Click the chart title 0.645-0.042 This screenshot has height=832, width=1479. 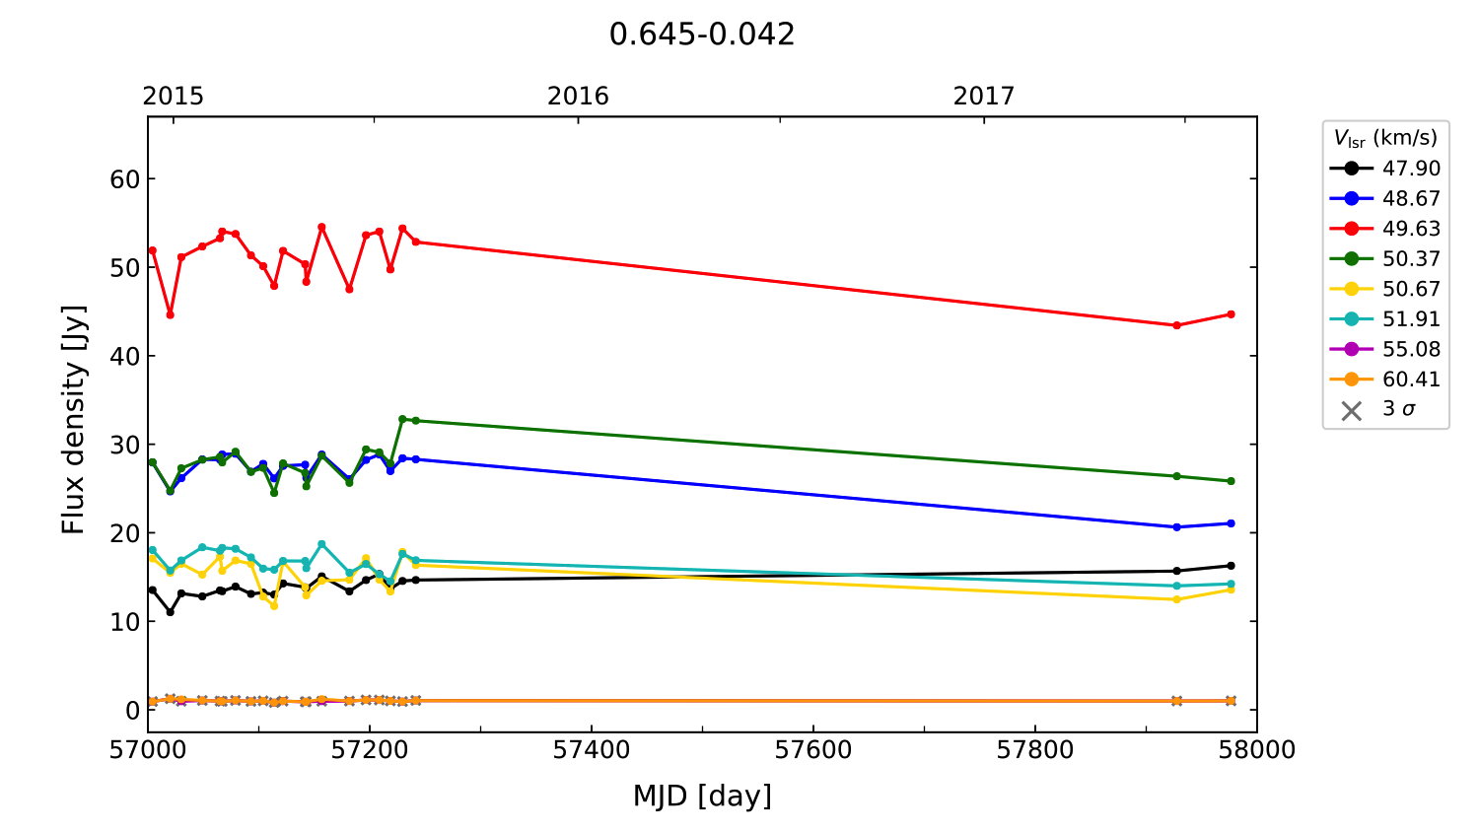701,35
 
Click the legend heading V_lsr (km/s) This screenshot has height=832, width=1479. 1385,138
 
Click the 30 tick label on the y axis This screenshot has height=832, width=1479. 125,445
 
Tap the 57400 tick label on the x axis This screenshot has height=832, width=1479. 591,750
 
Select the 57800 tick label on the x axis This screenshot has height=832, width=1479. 1034,750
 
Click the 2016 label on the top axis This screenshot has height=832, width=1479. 578,96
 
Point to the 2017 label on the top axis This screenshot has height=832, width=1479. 983,96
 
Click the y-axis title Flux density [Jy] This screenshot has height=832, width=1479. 74,420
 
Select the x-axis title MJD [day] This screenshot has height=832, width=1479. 702,796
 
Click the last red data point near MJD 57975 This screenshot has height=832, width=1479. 1231,314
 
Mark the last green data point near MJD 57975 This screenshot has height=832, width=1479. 1231,481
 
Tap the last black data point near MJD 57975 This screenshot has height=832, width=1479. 1231,566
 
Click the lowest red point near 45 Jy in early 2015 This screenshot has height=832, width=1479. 170,314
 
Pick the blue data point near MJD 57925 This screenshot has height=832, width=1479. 1176,527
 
